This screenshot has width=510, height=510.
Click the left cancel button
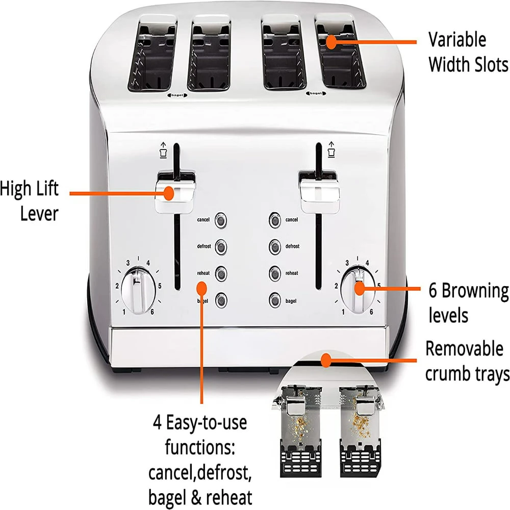coord(221,220)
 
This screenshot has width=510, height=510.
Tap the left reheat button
coord(221,274)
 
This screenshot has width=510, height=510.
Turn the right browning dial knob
coord(356,289)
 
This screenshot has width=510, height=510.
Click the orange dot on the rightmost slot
coord(331,41)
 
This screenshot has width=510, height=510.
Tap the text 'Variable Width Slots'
coord(468,52)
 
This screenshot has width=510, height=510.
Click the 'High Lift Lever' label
coord(31,201)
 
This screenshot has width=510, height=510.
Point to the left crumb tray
coord(298,423)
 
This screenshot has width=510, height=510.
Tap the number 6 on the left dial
coord(152,312)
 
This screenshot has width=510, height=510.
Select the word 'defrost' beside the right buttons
coord(292,246)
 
